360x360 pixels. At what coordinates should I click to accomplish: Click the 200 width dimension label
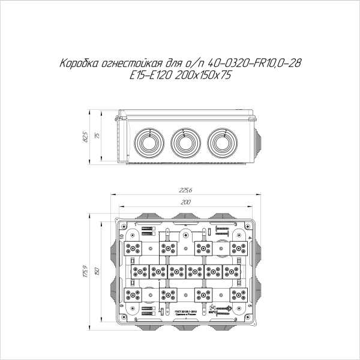pyautogui.click(x=185, y=202)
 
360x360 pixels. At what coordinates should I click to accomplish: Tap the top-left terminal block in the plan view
pyautogui.click(x=134, y=247)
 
